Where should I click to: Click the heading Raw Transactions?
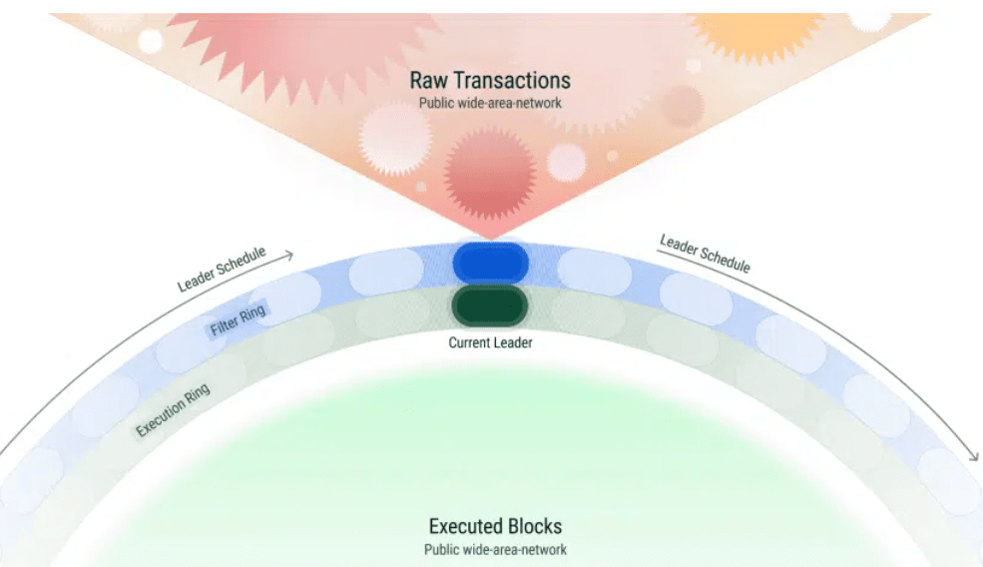point(489,80)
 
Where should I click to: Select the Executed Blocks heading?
point(495,526)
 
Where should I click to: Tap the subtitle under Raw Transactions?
point(489,103)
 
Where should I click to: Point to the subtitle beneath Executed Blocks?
point(495,549)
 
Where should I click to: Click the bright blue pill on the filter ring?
point(490,262)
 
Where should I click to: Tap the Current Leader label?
point(490,342)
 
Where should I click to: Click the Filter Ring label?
point(234,321)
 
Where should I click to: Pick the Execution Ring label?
point(174,411)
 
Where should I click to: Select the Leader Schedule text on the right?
point(705,254)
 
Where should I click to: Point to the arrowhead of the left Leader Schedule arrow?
point(289,256)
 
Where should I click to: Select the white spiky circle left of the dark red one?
point(395,141)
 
